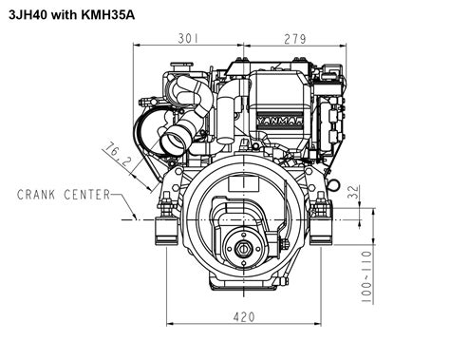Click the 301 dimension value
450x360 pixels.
(189, 38)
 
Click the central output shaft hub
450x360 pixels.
(244, 250)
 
